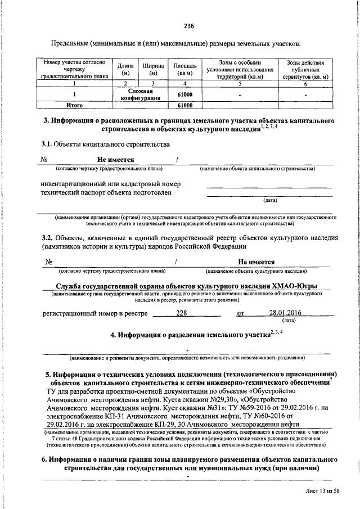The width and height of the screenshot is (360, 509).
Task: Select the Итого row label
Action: click(x=75, y=105)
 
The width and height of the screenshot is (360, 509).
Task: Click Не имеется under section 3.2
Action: click(x=256, y=262)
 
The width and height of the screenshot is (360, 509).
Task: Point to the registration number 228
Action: click(x=182, y=313)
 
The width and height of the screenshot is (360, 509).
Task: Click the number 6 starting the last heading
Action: click(x=44, y=460)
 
